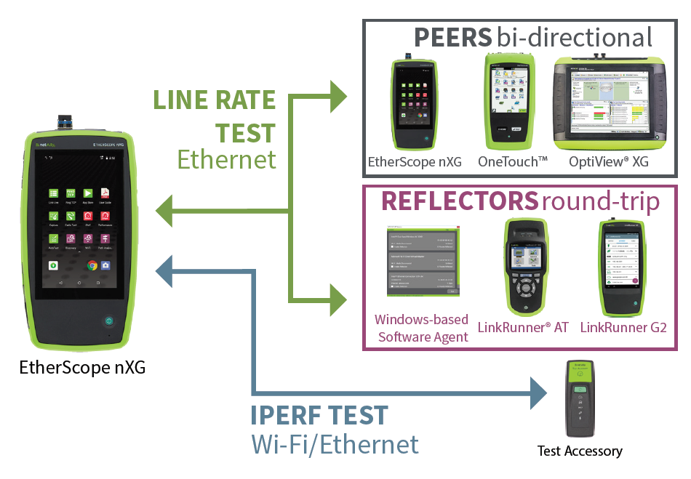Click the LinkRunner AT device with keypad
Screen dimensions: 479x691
(523, 267)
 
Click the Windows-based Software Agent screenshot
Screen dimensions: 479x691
(421, 265)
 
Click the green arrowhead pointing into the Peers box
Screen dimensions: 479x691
(339, 95)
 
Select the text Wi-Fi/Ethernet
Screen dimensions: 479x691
(335, 444)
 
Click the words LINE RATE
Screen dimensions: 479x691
(214, 100)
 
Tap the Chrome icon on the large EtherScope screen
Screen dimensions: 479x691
(92, 265)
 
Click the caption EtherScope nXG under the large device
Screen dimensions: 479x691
(82, 367)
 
